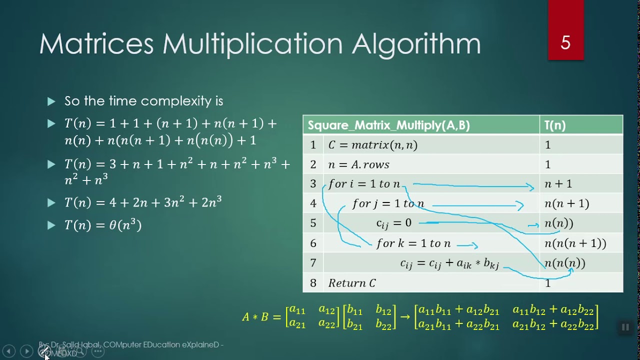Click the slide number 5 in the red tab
click(x=565, y=43)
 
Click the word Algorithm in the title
click(x=416, y=44)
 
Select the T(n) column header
click(x=555, y=125)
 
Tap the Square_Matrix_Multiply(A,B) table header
click(x=388, y=125)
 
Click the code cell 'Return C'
click(x=352, y=283)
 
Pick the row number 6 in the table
click(x=313, y=243)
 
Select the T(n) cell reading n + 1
click(x=558, y=184)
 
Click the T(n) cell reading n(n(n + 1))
click(x=575, y=243)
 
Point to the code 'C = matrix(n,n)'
click(x=372, y=145)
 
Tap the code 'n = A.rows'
click(x=358, y=164)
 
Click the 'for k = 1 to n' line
click(x=413, y=243)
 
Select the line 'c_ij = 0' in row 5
click(x=393, y=223)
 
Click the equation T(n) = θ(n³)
click(x=103, y=225)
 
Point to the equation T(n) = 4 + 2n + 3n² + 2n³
click(x=143, y=202)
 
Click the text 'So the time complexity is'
click(x=143, y=101)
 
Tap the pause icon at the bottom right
click(x=625, y=327)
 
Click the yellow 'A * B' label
click(x=255, y=317)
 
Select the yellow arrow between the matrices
click(x=405, y=317)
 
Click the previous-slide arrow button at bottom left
click(x=8, y=351)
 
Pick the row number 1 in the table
click(x=313, y=145)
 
